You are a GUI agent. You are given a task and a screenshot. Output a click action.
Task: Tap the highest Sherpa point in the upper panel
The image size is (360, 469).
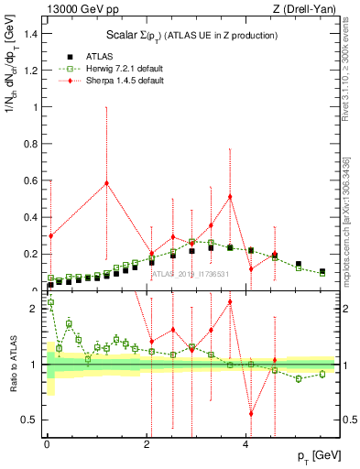106,182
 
